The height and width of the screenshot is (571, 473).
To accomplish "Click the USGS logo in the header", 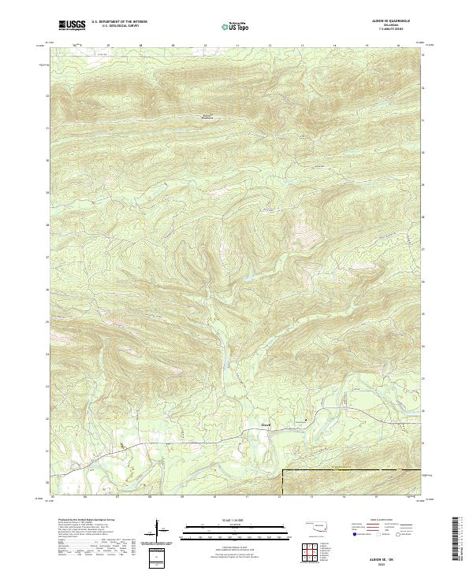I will pos(71,25).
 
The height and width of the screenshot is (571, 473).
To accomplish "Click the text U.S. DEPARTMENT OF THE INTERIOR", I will pos(119,20).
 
